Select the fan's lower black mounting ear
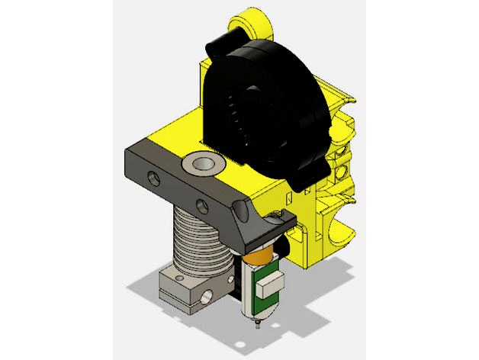(305, 180)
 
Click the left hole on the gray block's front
(154, 179)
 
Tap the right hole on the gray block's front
(203, 205)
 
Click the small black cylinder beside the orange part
(285, 246)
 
